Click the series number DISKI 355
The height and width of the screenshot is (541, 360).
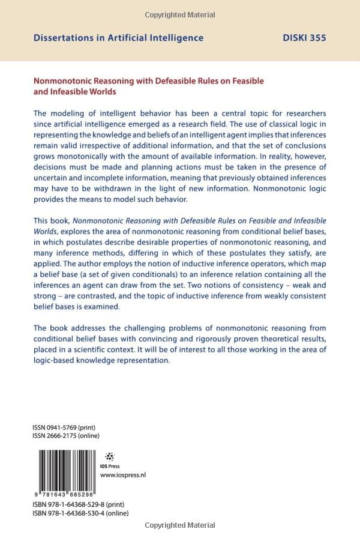(304, 38)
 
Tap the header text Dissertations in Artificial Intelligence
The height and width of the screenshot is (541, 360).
(118, 38)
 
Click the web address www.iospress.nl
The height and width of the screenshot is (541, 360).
(123, 475)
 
